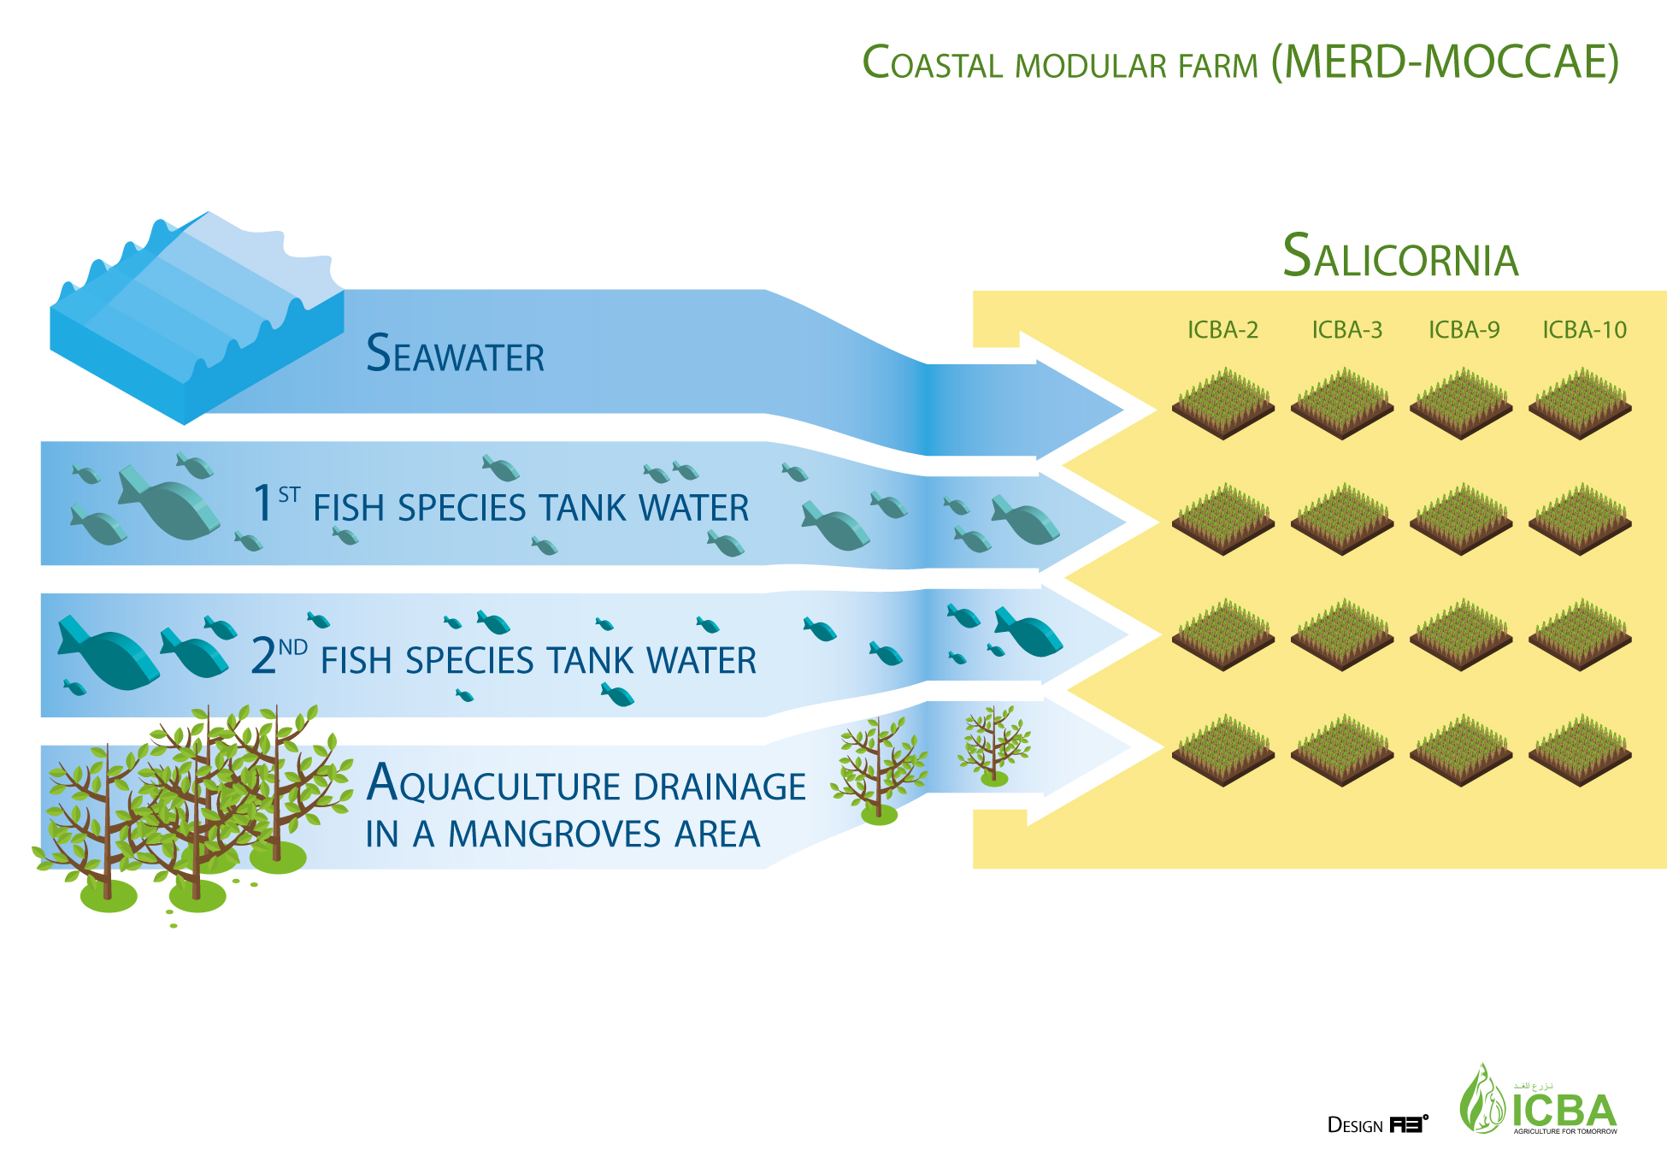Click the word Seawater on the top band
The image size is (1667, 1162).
pos(455,354)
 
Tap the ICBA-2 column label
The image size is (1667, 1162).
pos(1222,330)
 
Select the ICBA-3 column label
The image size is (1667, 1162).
pos(1346,330)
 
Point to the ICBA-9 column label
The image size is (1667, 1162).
pos(1464,330)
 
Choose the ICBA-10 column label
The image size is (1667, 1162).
pos(1584,330)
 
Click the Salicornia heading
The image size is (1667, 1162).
pos(1400,257)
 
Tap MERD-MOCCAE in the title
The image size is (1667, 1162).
pos(1445,62)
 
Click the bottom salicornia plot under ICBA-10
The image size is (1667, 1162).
pos(1580,750)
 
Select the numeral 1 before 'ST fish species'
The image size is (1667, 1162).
pos(262,503)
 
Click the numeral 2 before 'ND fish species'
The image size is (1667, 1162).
pos(263,656)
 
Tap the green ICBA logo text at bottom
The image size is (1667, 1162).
pos(1564,1111)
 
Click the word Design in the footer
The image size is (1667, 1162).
pos(1355,1125)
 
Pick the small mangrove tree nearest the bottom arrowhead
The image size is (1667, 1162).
pos(993,744)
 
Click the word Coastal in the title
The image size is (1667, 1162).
pos(932,63)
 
